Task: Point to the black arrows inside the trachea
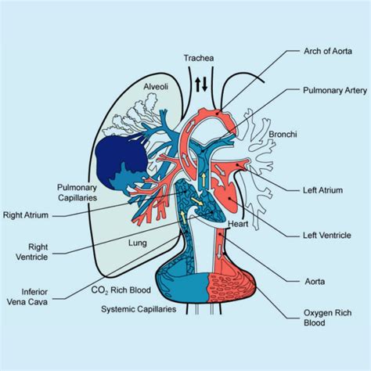coord(201,84)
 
